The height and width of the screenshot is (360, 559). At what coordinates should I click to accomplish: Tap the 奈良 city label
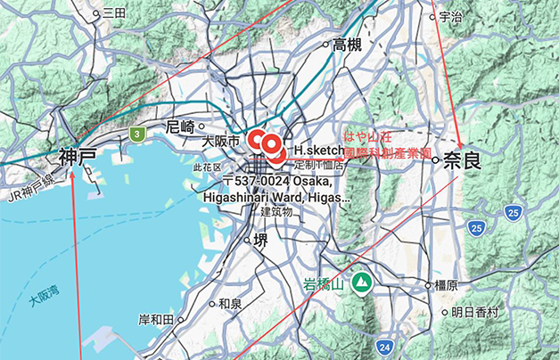[x=461, y=161]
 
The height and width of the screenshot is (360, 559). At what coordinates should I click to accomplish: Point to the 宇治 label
[x=451, y=17]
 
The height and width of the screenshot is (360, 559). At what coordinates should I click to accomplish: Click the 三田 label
[x=114, y=12]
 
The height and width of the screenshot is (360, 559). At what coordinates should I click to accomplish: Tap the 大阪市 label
[x=220, y=142]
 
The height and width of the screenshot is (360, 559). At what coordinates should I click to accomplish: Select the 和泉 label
[x=230, y=303]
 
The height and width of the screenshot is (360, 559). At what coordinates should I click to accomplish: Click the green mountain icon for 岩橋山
[x=362, y=283]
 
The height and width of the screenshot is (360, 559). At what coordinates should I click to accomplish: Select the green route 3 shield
[x=136, y=135]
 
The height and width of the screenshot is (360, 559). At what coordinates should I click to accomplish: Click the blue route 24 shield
[x=384, y=346]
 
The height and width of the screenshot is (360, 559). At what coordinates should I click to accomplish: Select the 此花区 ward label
[x=206, y=167]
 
